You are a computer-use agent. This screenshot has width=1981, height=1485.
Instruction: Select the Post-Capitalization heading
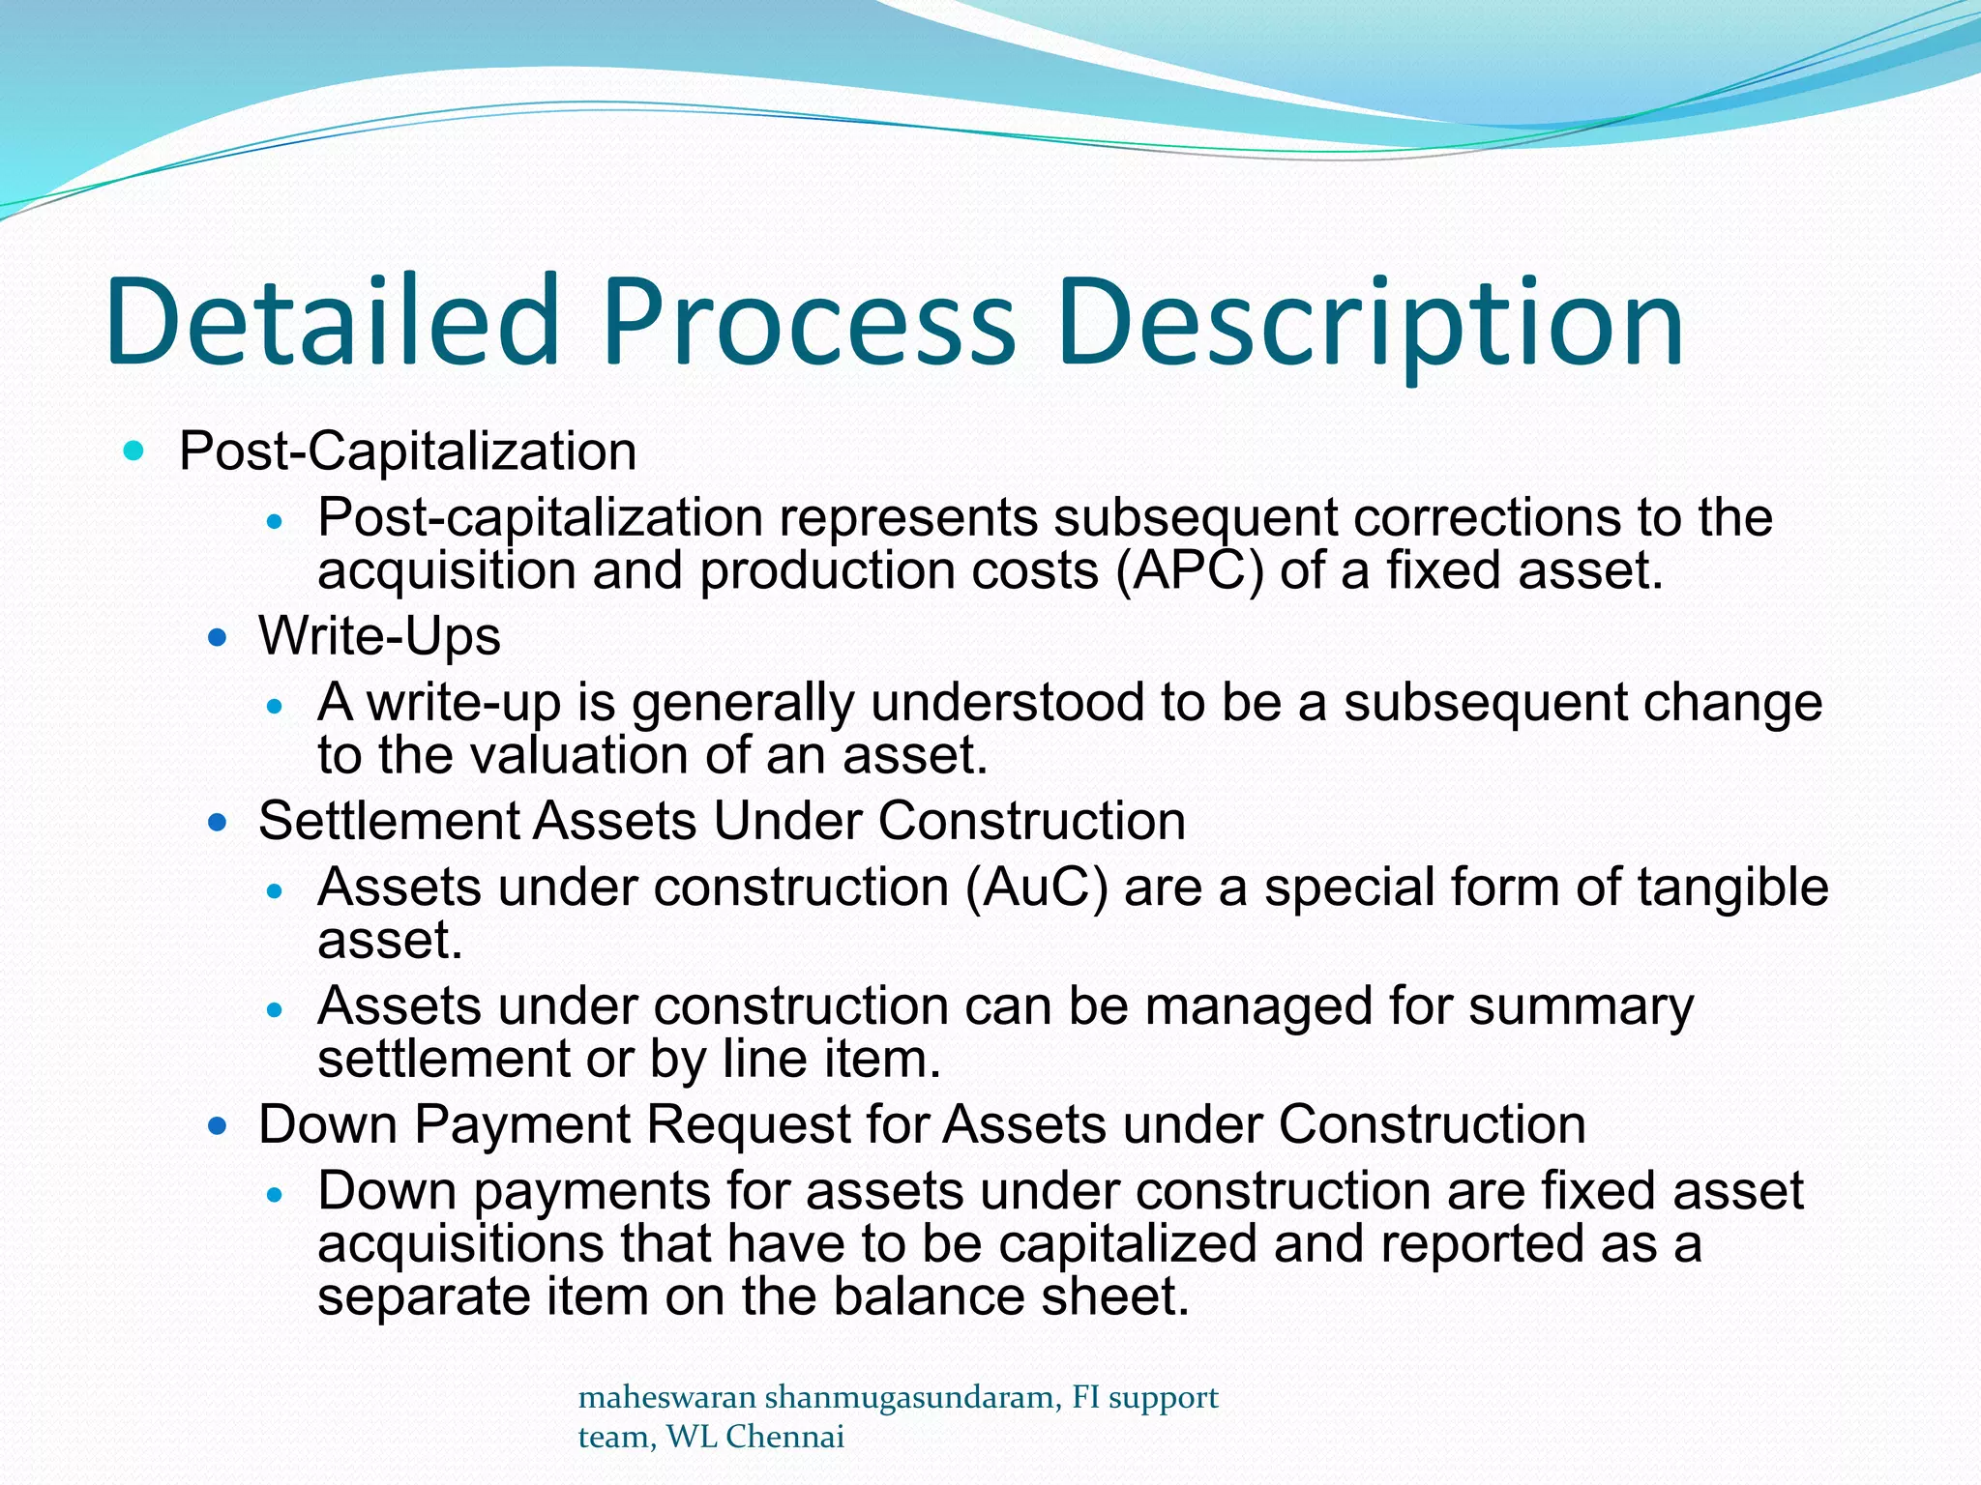pyautogui.click(x=407, y=451)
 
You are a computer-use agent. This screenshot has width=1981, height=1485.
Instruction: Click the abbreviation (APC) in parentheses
pyautogui.click(x=1189, y=569)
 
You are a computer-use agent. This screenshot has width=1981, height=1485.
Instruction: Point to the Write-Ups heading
pyautogui.click(x=379, y=636)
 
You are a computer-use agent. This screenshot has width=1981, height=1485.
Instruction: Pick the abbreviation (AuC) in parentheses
pyautogui.click(x=1036, y=888)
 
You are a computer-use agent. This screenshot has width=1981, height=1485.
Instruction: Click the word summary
pyautogui.click(x=1581, y=1007)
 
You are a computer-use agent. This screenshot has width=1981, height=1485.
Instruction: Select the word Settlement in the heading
pyautogui.click(x=389, y=821)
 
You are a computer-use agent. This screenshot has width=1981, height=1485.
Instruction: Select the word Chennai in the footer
pyautogui.click(x=784, y=1437)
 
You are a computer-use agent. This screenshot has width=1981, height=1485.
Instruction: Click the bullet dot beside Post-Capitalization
pyautogui.click(x=133, y=451)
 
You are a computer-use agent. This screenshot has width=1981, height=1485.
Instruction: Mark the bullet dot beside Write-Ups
pyautogui.click(x=218, y=637)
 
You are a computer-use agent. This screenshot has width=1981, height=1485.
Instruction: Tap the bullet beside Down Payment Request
pyautogui.click(x=218, y=1125)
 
